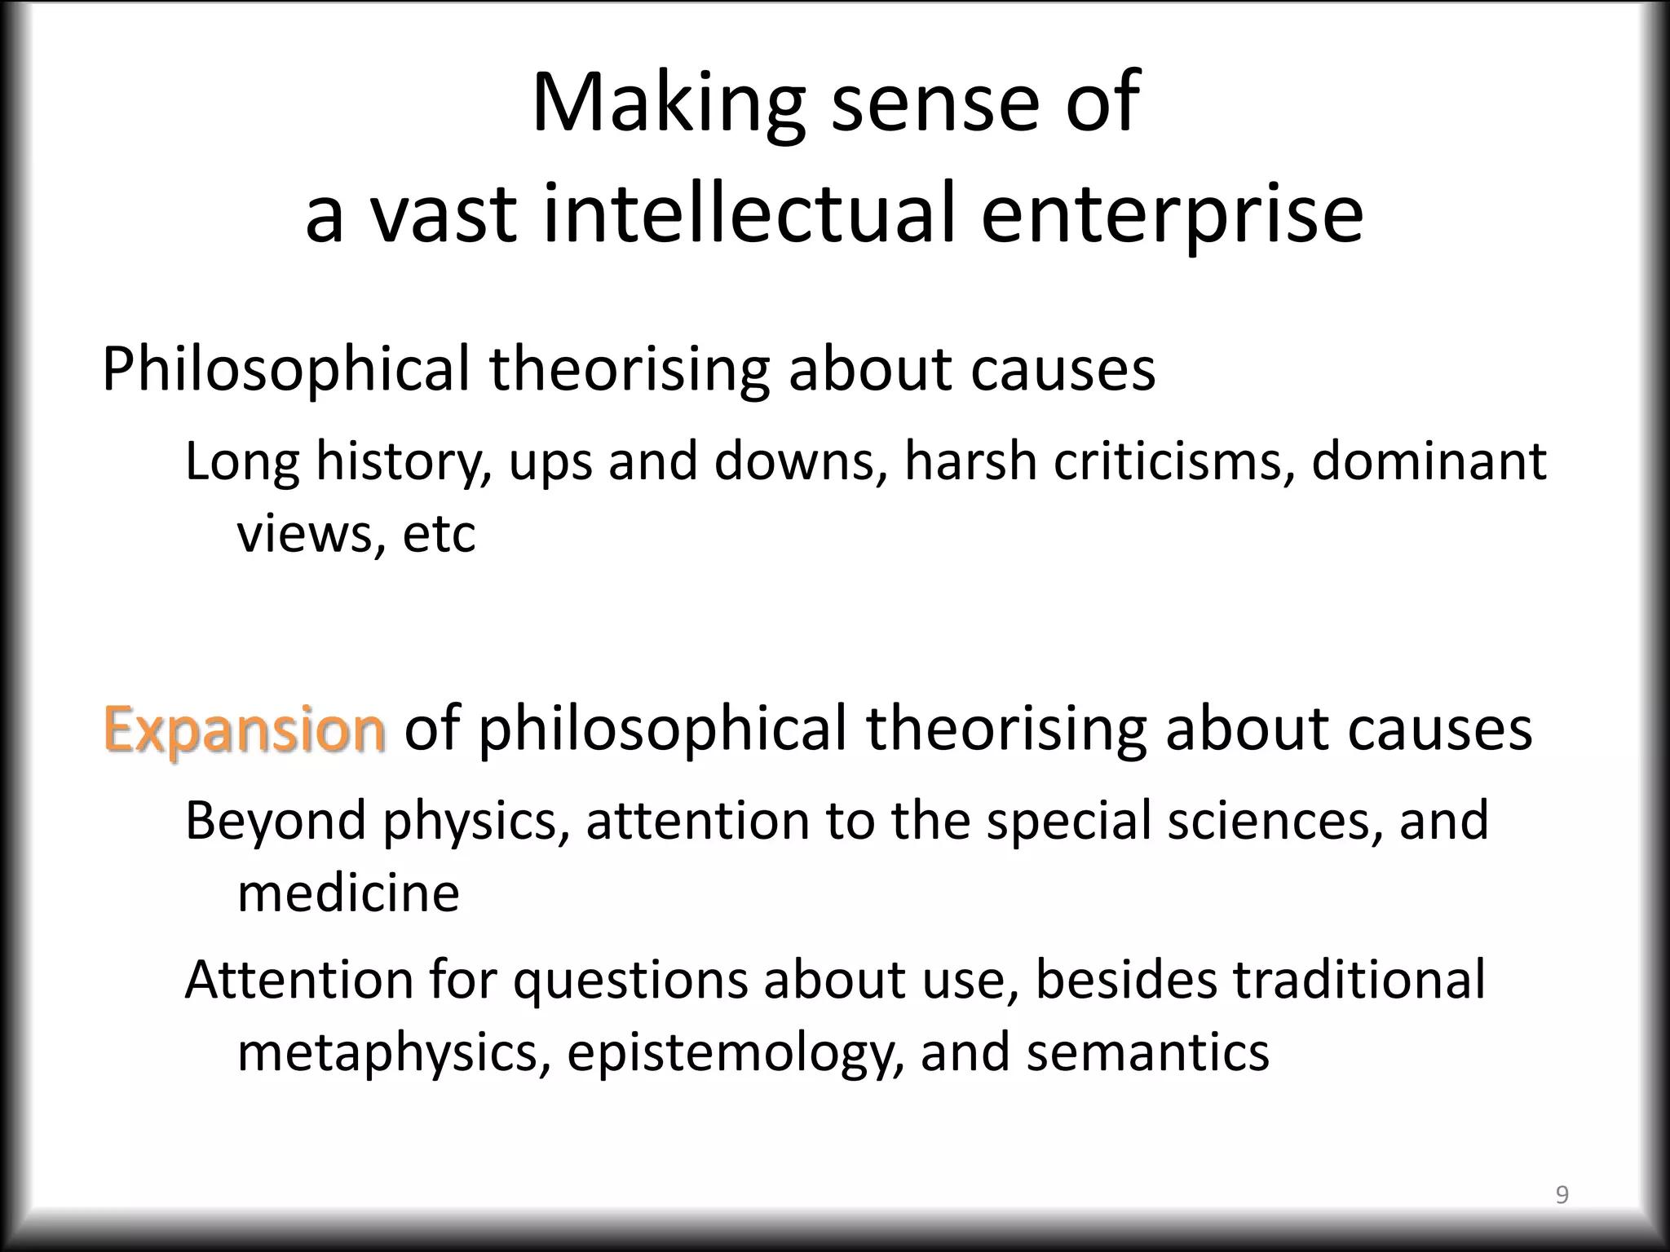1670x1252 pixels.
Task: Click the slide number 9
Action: point(1562,1196)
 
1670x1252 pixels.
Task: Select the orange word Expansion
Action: point(244,729)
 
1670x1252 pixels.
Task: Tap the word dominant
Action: point(1429,461)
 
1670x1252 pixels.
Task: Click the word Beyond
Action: point(275,820)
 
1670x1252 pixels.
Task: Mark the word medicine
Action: point(348,893)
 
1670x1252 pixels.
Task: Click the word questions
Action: point(630,981)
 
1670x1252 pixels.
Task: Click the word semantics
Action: point(1147,1052)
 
